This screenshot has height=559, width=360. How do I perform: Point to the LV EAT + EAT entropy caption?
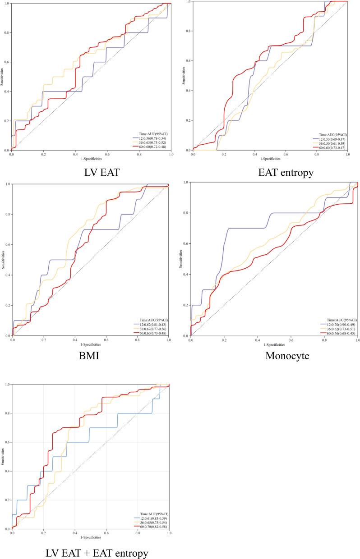point(90,553)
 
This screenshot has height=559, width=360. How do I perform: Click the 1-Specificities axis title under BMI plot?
point(90,344)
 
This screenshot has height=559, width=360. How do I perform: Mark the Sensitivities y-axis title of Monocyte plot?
point(181,259)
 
